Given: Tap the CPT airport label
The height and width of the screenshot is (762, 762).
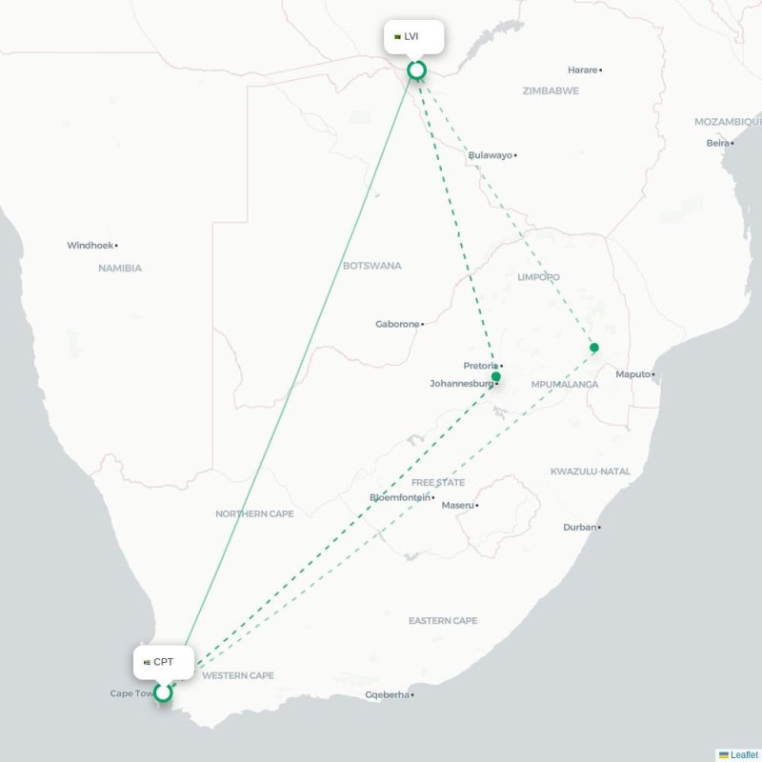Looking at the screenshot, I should pos(163,662).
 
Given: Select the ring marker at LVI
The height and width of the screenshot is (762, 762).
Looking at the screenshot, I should pos(416,70).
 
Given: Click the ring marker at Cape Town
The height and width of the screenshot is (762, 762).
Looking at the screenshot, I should pos(164,692).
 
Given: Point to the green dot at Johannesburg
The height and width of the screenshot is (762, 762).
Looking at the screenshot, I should pos(495,377).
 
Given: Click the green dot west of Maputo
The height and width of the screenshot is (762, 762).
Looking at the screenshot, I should pos(594,348).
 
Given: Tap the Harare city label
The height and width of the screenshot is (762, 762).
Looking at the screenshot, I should pos(582,70).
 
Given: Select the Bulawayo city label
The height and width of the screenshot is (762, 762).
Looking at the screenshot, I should pos(490,155).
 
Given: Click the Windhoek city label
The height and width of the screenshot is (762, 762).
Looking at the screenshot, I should pos(90,246).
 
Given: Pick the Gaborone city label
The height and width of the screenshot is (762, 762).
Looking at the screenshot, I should pos(397,324).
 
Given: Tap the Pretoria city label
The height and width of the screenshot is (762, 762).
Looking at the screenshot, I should pos(480,366).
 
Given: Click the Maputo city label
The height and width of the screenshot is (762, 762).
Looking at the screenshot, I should pos(633,374).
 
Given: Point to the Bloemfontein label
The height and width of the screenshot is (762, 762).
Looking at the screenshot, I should pos(399,497).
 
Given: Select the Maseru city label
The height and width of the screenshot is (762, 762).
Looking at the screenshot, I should pos(457,505).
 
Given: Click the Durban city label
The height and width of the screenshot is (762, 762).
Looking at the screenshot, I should pos(579,527).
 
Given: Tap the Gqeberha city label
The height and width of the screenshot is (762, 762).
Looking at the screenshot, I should pos(387,694).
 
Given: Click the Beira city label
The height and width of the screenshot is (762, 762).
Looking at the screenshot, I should pos(718,143).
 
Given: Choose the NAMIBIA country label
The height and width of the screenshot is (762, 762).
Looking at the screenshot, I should pos(120,269).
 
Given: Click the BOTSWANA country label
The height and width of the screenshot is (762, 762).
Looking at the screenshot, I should pos(372,266).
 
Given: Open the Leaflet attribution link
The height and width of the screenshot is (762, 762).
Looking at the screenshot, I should pos(743,754).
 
